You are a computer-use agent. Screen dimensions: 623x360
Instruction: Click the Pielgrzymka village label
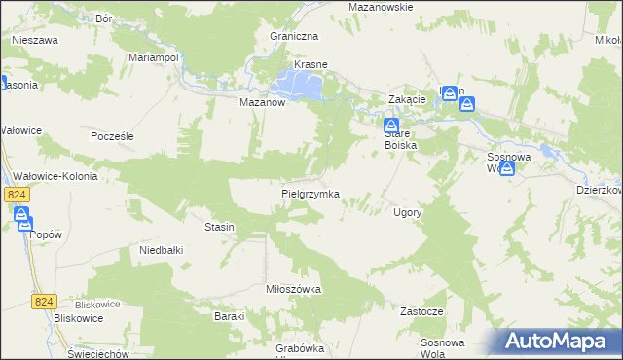[310, 194]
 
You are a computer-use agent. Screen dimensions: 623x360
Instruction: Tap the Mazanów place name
[261, 100]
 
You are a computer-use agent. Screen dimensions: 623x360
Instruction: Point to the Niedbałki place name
[162, 250]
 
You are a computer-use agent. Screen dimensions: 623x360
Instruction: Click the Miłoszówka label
[293, 289]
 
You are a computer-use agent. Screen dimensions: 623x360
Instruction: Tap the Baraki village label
[229, 316]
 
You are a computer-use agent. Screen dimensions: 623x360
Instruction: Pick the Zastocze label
[421, 311]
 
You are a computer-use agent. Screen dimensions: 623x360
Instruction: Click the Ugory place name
[406, 211]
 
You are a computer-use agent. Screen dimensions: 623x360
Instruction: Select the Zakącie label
[407, 100]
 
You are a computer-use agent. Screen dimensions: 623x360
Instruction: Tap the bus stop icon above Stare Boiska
[390, 126]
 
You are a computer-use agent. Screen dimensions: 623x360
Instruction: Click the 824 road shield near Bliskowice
[43, 303]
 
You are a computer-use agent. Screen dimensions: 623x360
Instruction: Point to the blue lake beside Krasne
[303, 86]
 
